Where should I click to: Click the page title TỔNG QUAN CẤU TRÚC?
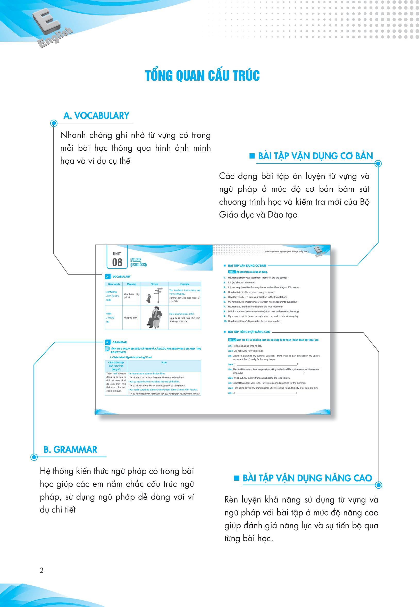tap(202, 76)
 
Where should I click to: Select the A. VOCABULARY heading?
tap(96, 115)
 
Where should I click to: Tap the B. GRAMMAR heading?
tap(70, 449)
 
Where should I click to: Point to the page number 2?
tap(41, 571)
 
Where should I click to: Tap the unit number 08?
tap(117, 262)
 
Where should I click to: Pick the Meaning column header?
tap(132, 284)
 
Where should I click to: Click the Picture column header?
tap(155, 284)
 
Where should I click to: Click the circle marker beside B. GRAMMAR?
tap(34, 457)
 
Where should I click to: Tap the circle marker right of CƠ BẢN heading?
tap(378, 164)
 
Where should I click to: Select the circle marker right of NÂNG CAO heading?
tap(378, 485)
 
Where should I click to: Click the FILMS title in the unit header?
tap(136, 260)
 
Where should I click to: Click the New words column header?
tap(114, 284)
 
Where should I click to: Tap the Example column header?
tap(185, 284)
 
